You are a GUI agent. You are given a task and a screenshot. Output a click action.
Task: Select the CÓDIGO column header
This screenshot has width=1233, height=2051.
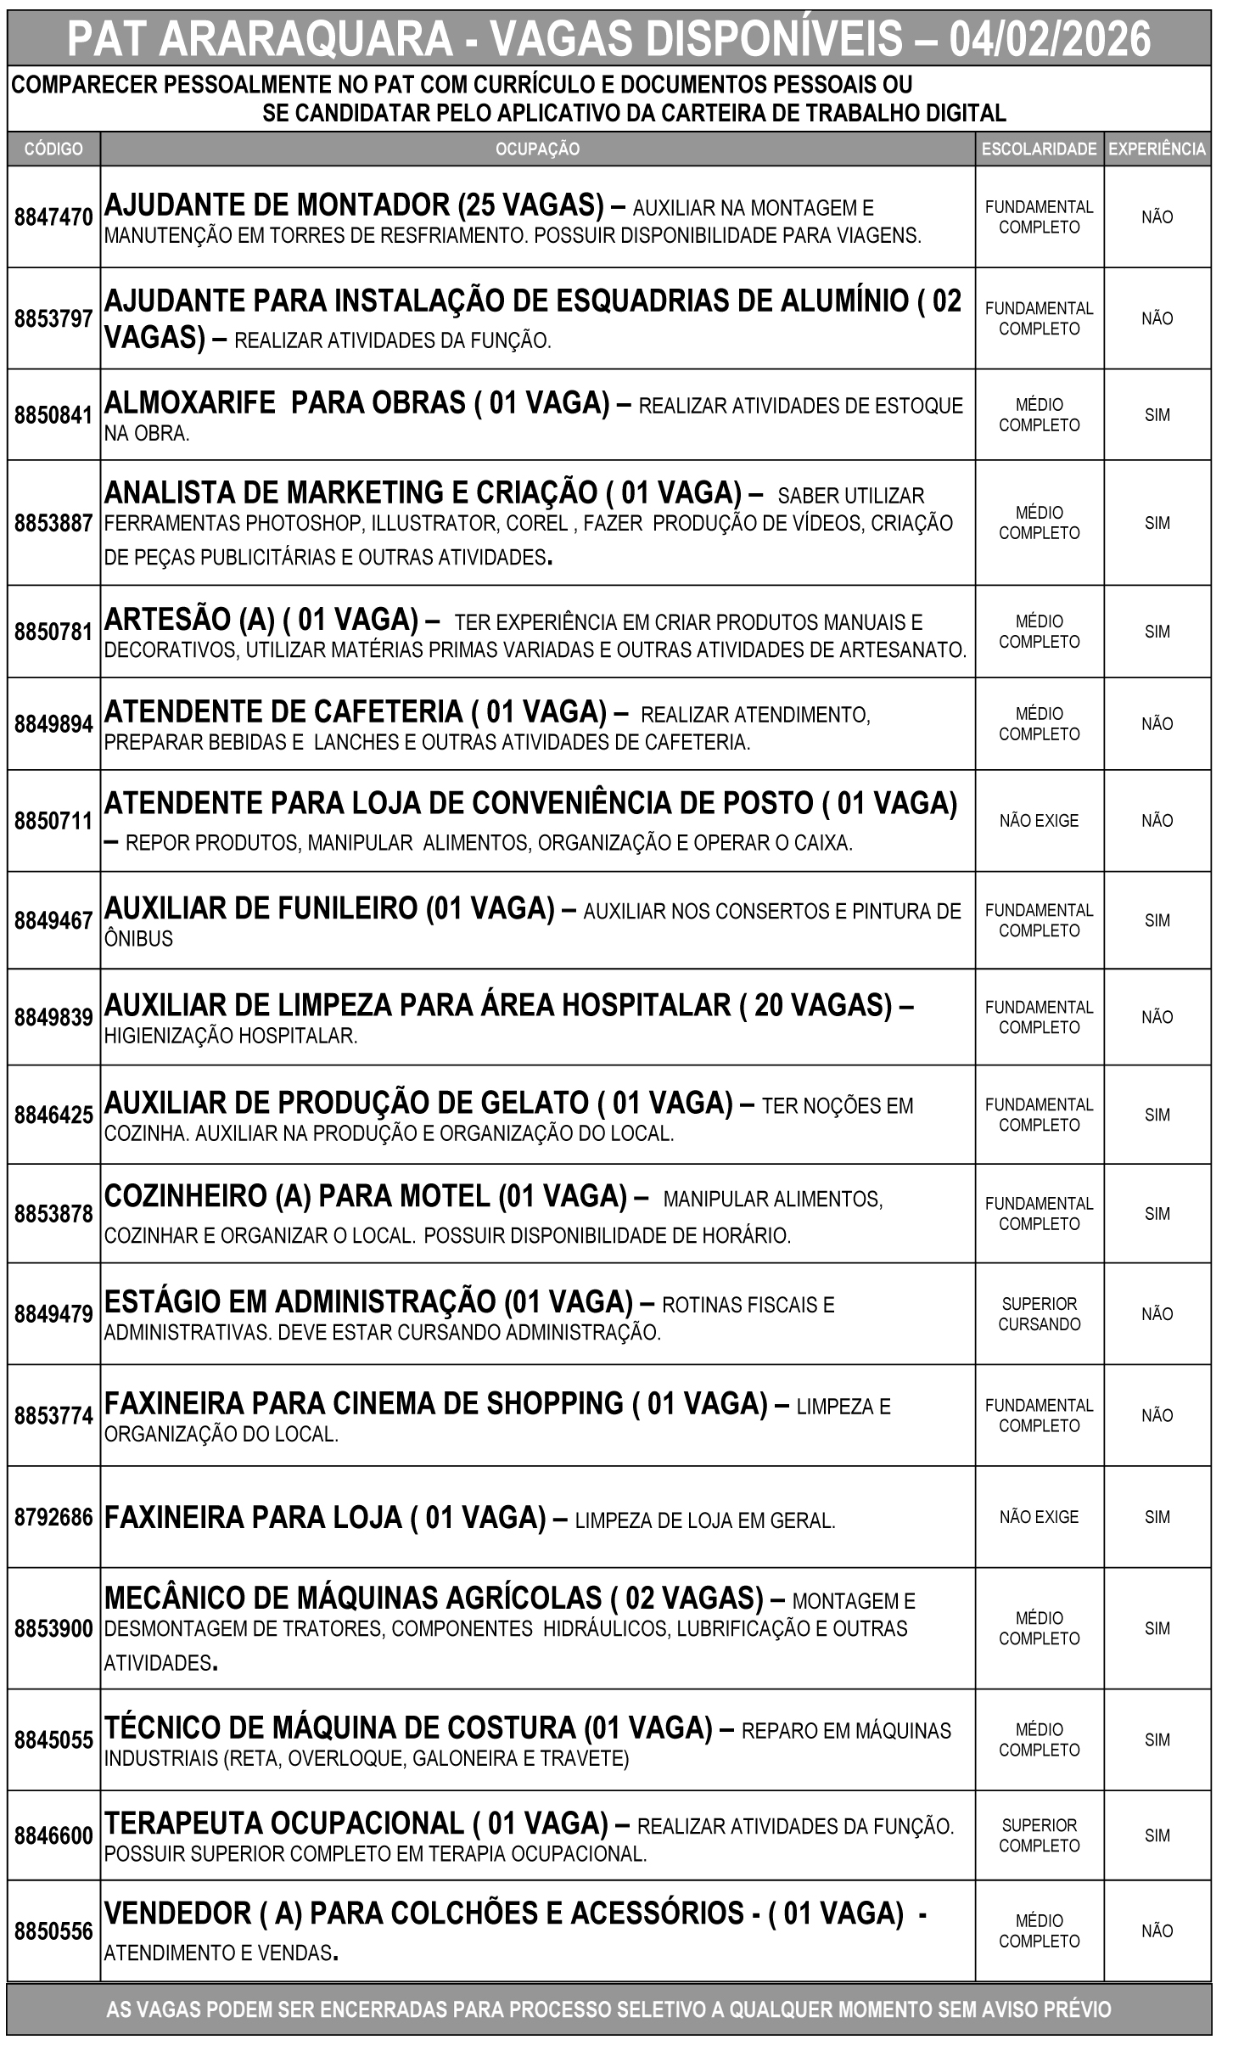[x=53, y=149]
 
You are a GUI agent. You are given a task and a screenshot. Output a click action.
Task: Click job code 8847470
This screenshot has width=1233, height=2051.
[x=53, y=217]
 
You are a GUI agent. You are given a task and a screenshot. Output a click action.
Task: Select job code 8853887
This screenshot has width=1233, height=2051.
[x=53, y=524]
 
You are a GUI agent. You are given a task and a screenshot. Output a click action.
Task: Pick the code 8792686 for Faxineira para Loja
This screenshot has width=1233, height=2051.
[x=53, y=1517]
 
